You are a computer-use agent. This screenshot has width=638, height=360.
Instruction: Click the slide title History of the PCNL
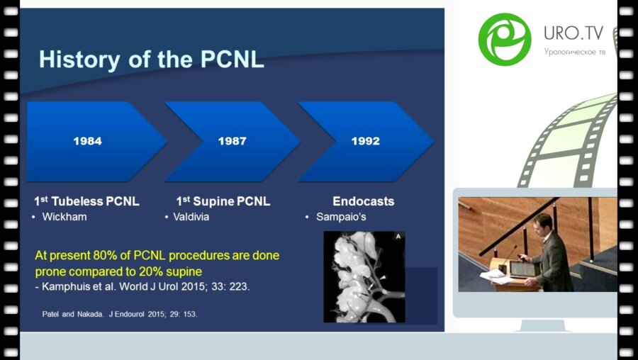[151, 59]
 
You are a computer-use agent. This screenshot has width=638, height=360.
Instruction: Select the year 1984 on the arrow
[87, 141]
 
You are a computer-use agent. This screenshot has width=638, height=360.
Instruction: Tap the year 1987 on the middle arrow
[232, 141]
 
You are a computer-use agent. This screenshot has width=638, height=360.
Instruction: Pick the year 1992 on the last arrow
[366, 141]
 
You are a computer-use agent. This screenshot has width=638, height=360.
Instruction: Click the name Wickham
[65, 217]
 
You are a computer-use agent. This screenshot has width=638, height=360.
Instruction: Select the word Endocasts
[363, 201]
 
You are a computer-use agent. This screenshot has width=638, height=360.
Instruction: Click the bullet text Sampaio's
[341, 217]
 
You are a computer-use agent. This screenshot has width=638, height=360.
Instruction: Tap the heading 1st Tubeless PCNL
[86, 201]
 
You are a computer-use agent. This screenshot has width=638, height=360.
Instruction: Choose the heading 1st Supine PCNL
[223, 201]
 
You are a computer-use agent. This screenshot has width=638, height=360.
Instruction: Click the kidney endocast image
[364, 276]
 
